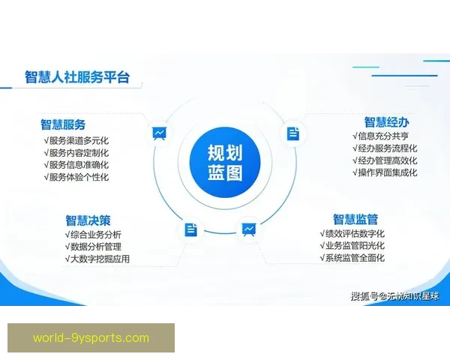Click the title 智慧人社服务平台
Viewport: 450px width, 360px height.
tap(76, 77)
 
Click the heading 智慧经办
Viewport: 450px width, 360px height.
tap(386, 122)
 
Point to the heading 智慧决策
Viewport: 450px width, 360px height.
tap(88, 220)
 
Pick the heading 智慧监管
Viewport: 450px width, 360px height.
tap(355, 219)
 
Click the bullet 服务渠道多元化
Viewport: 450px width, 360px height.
tap(76, 140)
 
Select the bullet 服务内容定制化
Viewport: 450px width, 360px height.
tap(76, 152)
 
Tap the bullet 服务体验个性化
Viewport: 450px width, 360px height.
tap(76, 177)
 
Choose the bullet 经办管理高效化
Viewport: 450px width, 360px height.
tap(385, 160)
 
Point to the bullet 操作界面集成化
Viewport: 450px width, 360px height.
tap(385, 172)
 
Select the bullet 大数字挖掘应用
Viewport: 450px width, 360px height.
tap(97, 259)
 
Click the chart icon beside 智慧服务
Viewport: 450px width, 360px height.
tap(159, 133)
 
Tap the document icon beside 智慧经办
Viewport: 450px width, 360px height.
tap(292, 133)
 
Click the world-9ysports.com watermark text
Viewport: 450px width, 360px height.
tap(91, 337)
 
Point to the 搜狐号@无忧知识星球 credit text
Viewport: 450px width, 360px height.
tap(395, 295)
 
